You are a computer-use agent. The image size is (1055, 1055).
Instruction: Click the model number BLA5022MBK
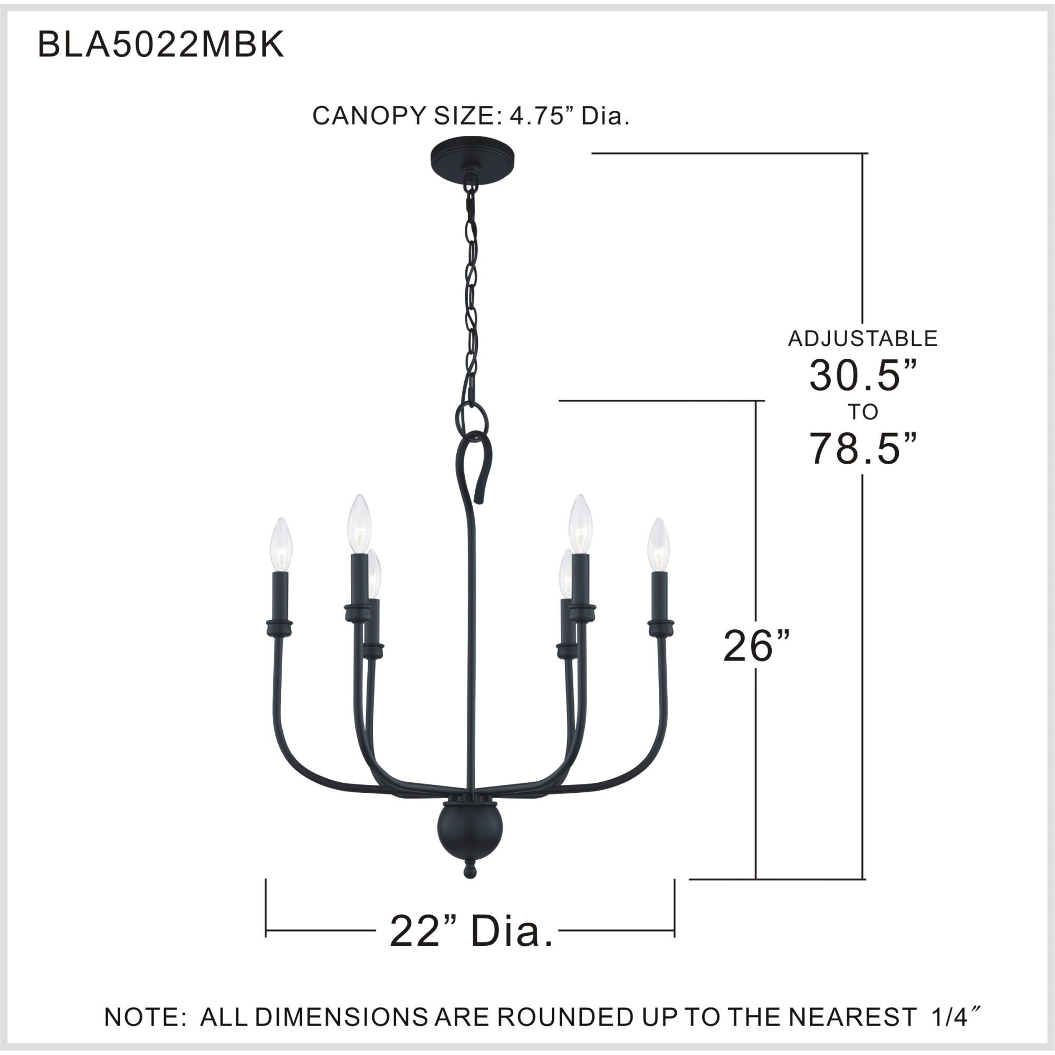[160, 45]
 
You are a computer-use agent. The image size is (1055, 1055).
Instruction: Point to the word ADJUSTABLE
[862, 339]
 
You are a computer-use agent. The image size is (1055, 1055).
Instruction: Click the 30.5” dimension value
[862, 376]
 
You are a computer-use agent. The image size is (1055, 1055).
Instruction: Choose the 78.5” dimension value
[862, 449]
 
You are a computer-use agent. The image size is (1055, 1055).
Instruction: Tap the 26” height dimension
[756, 646]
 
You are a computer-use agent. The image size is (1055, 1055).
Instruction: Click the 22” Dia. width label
[471, 931]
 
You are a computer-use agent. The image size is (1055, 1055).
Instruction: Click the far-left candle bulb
[282, 545]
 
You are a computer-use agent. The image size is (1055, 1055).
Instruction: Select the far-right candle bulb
[658, 545]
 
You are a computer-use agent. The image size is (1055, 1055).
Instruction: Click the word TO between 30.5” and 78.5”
[863, 412]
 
